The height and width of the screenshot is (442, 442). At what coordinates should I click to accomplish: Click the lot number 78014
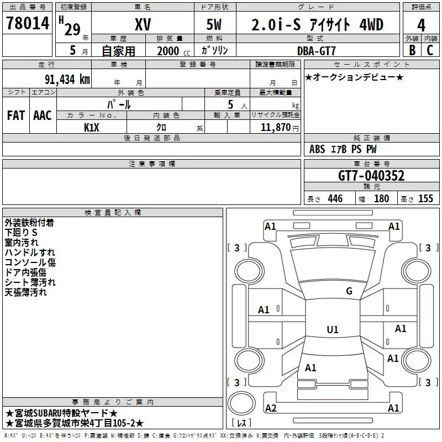click(x=28, y=23)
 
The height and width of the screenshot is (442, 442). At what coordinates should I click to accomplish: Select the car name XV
click(x=143, y=24)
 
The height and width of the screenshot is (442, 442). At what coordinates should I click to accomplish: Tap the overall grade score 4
click(x=421, y=25)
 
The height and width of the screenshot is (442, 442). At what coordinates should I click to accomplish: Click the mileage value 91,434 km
click(x=67, y=80)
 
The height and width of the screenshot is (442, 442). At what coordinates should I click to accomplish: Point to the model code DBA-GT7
click(x=317, y=51)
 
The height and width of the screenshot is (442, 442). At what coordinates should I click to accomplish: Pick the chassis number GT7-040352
click(x=371, y=176)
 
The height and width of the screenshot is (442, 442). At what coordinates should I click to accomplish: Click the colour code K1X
click(x=92, y=128)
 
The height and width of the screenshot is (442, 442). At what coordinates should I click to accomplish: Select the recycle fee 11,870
click(x=276, y=127)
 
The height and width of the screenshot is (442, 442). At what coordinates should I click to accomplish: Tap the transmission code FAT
click(x=16, y=115)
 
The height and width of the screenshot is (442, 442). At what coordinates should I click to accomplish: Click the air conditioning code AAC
click(x=43, y=115)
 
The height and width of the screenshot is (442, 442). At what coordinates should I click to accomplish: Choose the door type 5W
click(x=214, y=24)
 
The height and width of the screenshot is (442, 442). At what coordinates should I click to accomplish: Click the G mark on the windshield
click(x=349, y=291)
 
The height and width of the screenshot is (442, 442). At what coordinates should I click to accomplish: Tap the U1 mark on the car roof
click(x=333, y=329)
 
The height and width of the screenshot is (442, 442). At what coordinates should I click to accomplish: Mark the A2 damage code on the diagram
click(x=271, y=408)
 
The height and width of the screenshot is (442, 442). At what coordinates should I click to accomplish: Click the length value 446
click(x=335, y=198)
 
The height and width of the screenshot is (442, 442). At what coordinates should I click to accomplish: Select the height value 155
click(x=425, y=198)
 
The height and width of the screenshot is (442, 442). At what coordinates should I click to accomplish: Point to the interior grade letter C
click(x=430, y=50)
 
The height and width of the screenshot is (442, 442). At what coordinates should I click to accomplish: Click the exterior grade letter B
click(x=412, y=50)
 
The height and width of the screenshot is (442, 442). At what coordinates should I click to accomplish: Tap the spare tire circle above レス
click(x=241, y=403)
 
